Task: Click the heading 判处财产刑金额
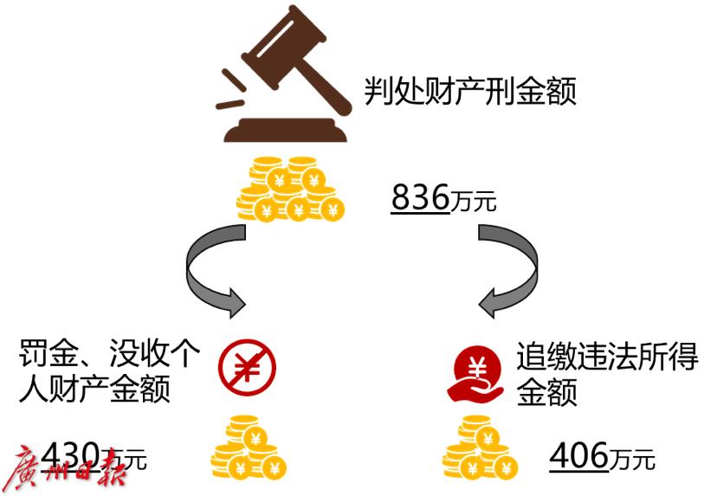(x=469, y=90)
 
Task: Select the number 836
(x=421, y=198)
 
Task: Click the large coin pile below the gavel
(x=290, y=188)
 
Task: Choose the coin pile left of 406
(x=480, y=448)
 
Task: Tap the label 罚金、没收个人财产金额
(x=108, y=372)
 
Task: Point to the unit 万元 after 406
(x=630, y=459)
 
